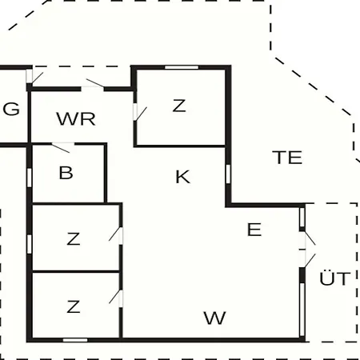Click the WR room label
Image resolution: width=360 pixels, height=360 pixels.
point(76,119)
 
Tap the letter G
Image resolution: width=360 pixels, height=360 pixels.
point(11,109)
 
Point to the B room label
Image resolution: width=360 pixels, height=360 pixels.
point(66,173)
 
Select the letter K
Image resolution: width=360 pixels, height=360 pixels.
point(183,177)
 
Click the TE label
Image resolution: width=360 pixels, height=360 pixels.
point(287,158)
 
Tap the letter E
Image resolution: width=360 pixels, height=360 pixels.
point(254,230)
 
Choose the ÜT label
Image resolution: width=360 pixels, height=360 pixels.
point(334,278)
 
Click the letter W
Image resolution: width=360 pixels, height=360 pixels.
point(215,318)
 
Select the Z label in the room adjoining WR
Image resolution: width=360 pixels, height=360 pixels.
point(179,106)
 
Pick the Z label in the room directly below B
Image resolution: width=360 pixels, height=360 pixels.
point(74,238)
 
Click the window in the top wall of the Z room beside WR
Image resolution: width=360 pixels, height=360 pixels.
point(182,67)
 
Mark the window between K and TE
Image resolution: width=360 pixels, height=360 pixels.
point(228,174)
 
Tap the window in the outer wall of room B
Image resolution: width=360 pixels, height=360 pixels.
point(30,177)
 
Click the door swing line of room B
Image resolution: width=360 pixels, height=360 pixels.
point(61,148)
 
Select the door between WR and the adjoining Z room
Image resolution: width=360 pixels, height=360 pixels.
point(140,113)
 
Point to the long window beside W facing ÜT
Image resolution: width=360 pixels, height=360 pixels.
point(302,310)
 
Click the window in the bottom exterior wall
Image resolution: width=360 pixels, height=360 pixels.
point(75,340)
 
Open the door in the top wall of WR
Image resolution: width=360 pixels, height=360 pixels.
point(93,85)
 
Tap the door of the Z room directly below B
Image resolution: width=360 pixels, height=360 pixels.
point(116,235)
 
